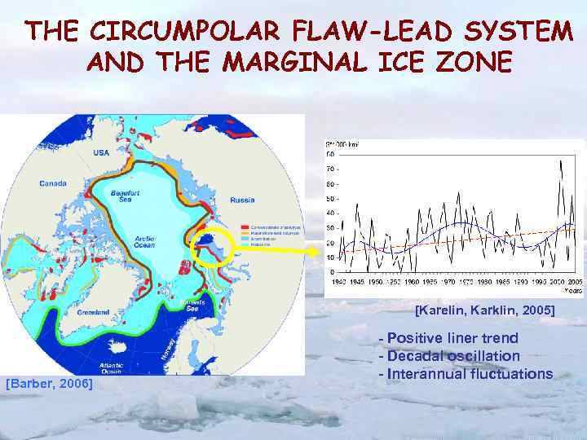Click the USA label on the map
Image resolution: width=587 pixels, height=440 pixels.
[101, 153]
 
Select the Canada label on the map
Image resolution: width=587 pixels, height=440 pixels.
[53, 183]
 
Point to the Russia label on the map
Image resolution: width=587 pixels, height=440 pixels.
[242, 200]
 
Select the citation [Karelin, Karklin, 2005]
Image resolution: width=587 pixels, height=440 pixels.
[484, 310]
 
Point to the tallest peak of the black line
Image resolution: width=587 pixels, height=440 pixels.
[559, 161]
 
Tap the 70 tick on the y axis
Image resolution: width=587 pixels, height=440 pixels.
[330, 170]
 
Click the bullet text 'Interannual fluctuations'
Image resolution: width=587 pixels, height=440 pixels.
[466, 374]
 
